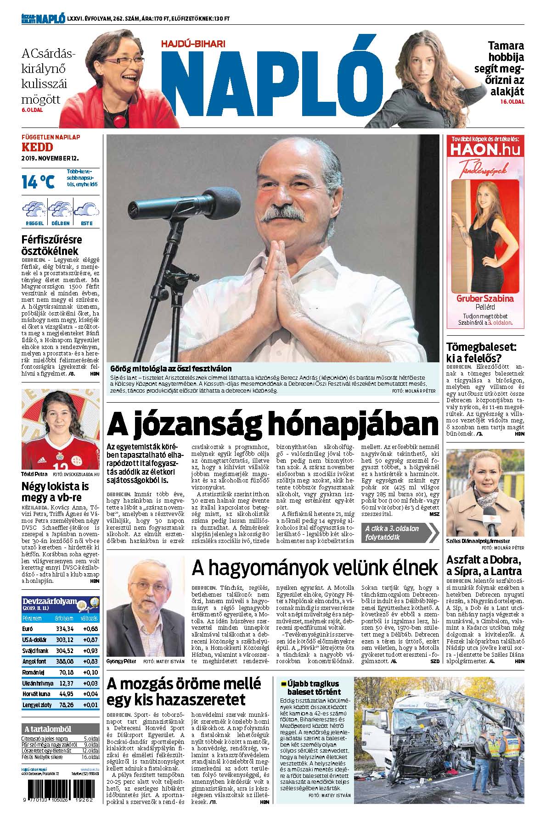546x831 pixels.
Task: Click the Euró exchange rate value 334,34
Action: click(64, 628)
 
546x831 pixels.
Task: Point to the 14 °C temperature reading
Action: click(38, 182)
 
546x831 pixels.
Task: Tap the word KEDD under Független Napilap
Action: click(37, 147)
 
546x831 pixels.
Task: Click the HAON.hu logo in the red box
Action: click(486, 150)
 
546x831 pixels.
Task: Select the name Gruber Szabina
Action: click(485, 299)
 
